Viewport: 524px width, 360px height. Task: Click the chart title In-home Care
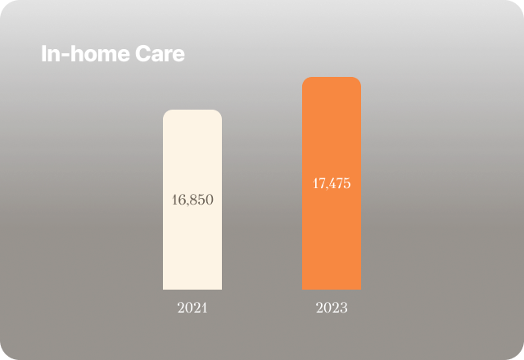tap(113, 55)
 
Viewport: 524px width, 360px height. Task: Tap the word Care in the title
tap(162, 55)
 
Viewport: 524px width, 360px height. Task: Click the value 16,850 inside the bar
tap(192, 200)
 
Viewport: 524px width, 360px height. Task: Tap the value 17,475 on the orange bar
tap(332, 183)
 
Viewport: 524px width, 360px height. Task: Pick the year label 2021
tap(192, 309)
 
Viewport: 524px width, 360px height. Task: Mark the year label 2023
tap(332, 309)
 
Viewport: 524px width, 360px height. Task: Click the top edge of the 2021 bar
tap(192, 110)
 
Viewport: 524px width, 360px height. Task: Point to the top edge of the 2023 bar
tap(332, 78)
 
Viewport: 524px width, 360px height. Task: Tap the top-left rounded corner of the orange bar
tap(305, 80)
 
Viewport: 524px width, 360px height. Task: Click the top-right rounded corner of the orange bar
tap(358, 80)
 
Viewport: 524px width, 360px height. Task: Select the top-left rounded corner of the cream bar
tap(166, 113)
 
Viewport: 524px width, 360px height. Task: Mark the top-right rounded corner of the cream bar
tap(219, 113)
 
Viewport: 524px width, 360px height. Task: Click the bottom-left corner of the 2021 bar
tap(164, 288)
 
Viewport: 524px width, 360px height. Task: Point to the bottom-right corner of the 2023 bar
tap(359, 288)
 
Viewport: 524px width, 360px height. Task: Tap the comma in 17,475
tap(327, 187)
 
